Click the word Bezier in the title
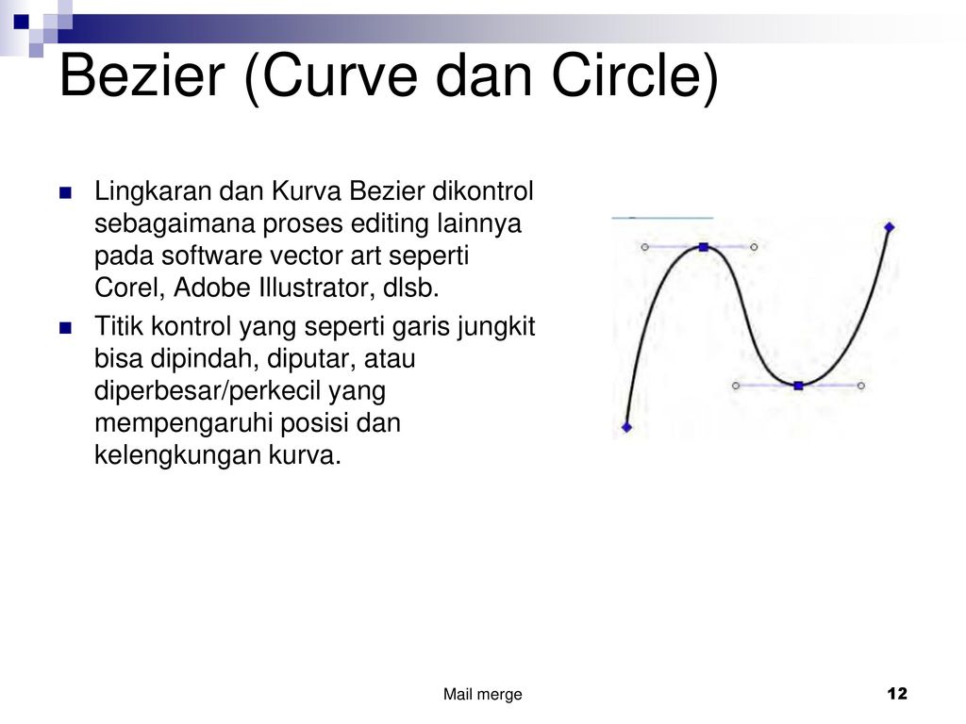[142, 75]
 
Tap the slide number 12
[897, 694]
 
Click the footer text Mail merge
[482, 695]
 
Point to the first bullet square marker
[66, 193]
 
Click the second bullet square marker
[66, 328]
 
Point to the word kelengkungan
[177, 455]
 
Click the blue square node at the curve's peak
[704, 248]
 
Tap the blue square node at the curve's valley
[798, 386]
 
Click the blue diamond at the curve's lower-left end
[626, 427]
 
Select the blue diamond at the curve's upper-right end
[889, 227]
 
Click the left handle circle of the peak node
[644, 248]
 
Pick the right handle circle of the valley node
[860, 386]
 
